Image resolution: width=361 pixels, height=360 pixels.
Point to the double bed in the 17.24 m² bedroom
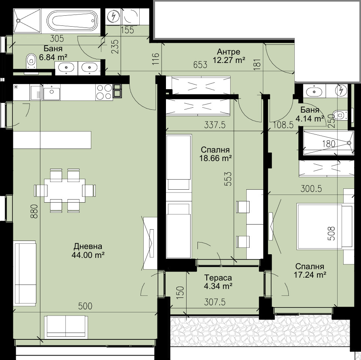coord(320,226)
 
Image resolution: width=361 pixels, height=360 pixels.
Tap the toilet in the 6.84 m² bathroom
coord(31,61)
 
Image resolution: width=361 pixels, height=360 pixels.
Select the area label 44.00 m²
coord(89,255)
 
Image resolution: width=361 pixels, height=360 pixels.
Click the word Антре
coord(229,52)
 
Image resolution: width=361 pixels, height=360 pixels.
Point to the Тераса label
coord(218,278)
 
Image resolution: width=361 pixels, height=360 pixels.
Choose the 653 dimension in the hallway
coord(200,65)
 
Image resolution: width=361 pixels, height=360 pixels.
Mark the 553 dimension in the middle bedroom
coord(229,179)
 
